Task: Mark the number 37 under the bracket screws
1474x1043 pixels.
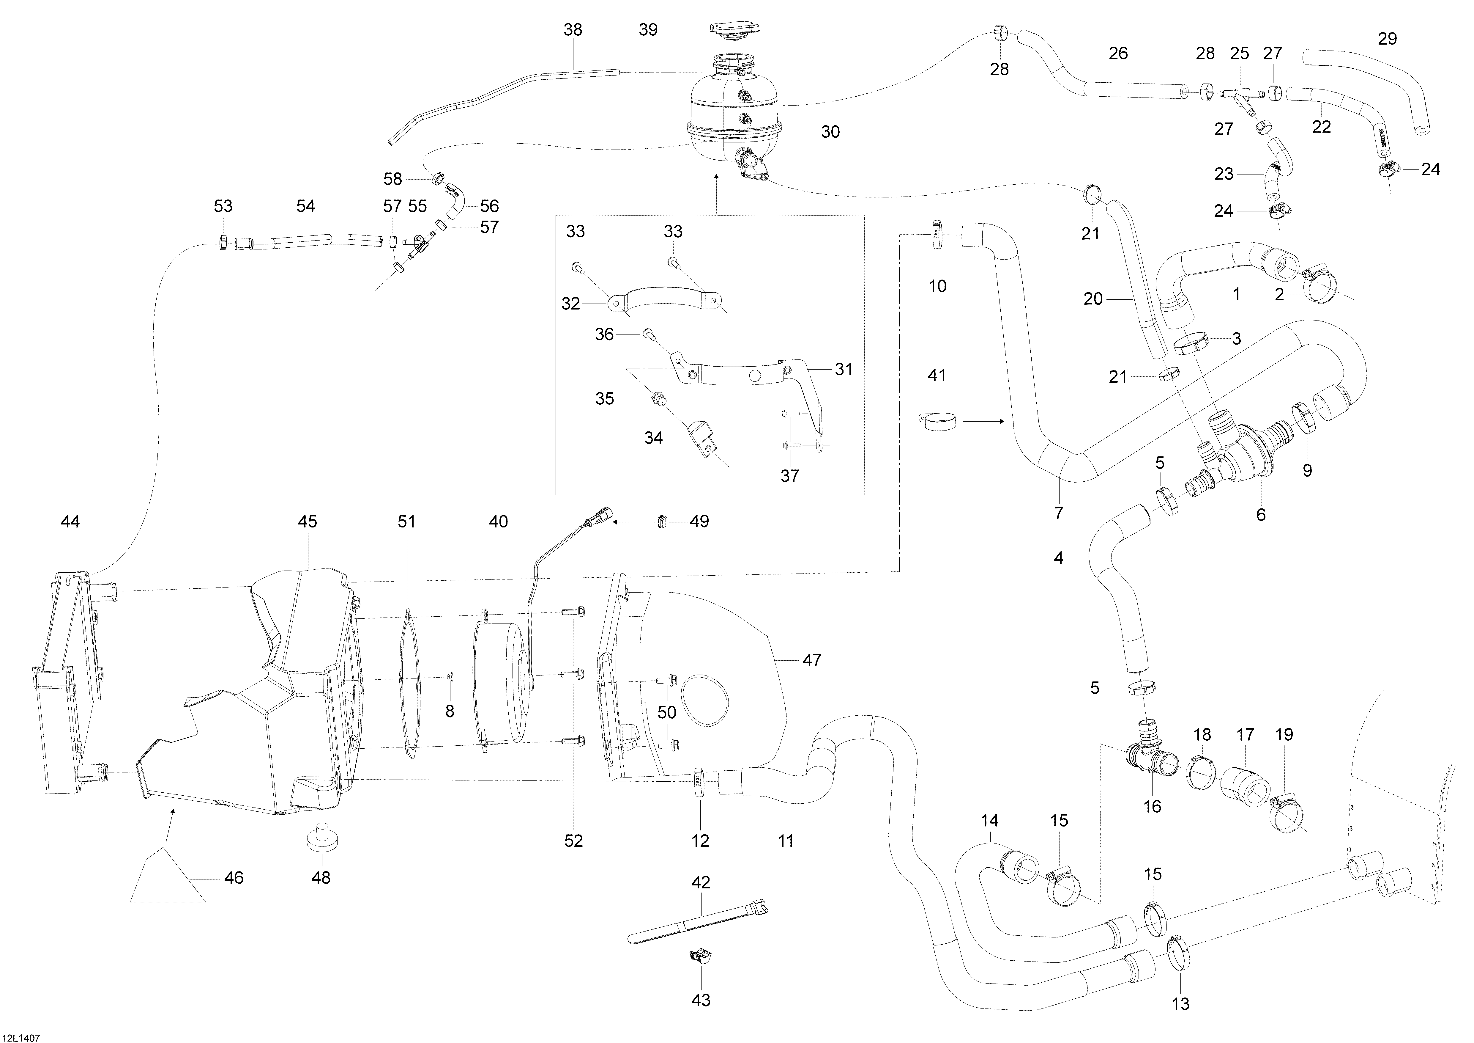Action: click(790, 476)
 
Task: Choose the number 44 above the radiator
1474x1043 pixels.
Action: click(70, 521)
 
